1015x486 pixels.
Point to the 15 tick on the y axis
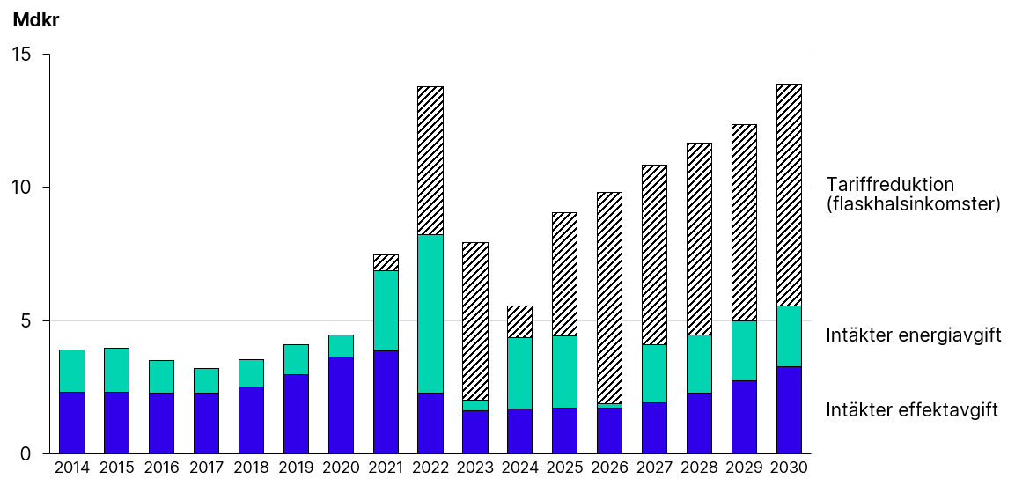(20, 55)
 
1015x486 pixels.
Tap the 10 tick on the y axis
(20, 188)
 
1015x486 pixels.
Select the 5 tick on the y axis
(26, 320)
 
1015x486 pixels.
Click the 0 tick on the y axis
(26, 453)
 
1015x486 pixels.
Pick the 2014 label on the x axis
(72, 468)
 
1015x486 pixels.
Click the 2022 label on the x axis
(430, 468)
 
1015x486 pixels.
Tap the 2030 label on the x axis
(789, 468)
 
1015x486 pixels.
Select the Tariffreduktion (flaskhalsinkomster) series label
(914, 195)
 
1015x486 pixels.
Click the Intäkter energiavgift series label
(914, 335)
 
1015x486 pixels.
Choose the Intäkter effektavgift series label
(912, 410)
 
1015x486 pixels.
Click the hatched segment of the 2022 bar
(430, 160)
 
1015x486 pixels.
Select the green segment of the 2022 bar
(430, 313)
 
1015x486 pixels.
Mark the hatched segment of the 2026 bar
(609, 298)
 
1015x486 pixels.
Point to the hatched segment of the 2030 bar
(789, 195)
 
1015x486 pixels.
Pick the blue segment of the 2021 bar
(386, 401)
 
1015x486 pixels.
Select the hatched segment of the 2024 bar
(519, 321)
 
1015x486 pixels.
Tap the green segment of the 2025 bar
(564, 372)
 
